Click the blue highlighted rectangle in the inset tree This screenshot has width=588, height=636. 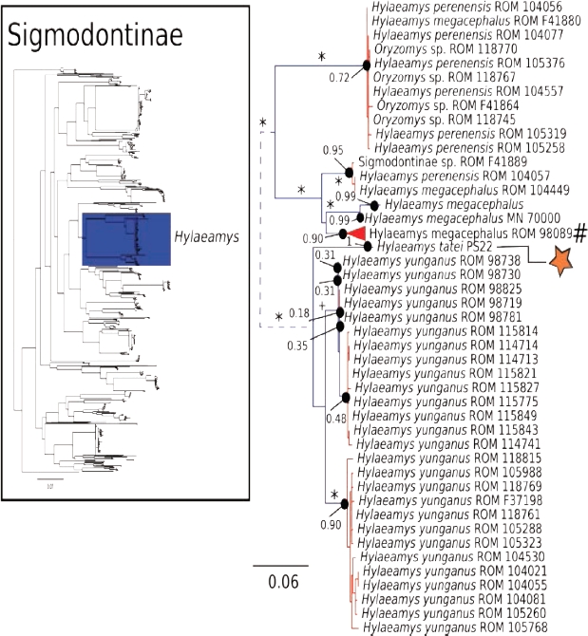(x=124, y=246)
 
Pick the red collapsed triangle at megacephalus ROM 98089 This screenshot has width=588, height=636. (x=355, y=234)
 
